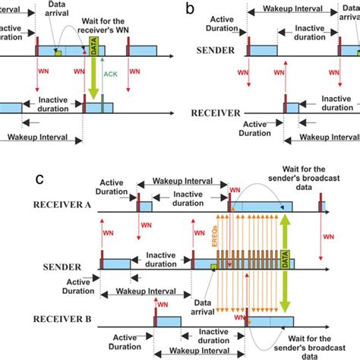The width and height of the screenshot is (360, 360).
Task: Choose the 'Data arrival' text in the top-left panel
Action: (x=58, y=9)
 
